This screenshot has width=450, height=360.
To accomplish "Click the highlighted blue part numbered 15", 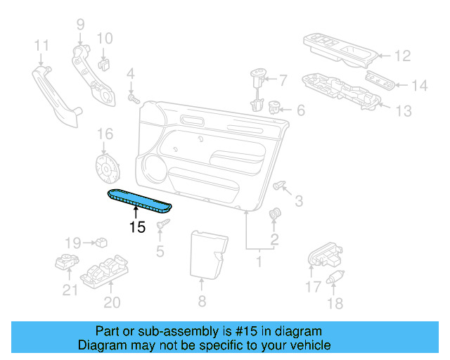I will coord(140,200).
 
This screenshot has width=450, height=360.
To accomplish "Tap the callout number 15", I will coord(136,227).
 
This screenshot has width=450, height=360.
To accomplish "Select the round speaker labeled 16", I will coord(108,169).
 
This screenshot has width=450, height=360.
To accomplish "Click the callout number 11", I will coord(41,46).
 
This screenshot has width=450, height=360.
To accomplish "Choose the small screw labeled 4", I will coord(131,99).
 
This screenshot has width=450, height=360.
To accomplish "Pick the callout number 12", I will coord(402,56).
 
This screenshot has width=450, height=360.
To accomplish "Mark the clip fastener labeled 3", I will coord(281,186).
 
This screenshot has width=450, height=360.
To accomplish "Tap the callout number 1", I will coord(258,262).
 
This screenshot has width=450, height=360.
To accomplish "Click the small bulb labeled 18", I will coord(335,276).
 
